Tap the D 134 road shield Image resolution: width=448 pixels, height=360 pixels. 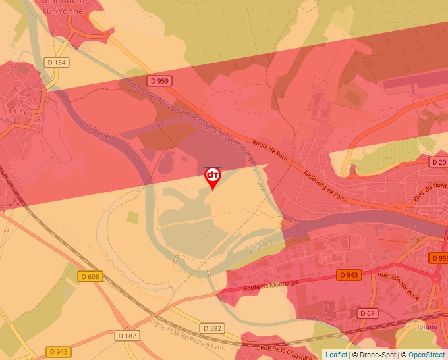click(x=57, y=63)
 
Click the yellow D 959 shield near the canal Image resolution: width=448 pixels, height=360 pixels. click(x=159, y=81)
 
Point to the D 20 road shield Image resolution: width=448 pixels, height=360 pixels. click(x=438, y=161)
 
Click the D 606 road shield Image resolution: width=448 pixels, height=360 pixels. click(x=92, y=277)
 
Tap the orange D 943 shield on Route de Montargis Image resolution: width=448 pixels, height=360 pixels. click(x=350, y=274)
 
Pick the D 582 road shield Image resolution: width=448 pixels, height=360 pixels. click(x=212, y=328)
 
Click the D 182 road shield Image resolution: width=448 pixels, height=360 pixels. click(x=128, y=336)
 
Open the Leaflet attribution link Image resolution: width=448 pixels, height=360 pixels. click(x=336, y=355)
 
